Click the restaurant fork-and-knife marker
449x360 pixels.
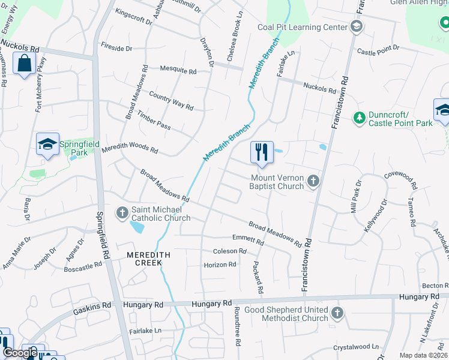(x=262, y=152)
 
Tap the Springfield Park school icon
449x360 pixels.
(x=47, y=144)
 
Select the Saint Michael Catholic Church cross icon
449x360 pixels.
(x=122, y=212)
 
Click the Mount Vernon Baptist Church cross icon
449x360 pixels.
(x=313, y=181)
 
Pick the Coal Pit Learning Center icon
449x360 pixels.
(x=357, y=26)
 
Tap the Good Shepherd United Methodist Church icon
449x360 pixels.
(x=337, y=313)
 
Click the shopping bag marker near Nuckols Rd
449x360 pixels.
(x=24, y=63)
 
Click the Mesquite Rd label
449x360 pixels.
(x=178, y=70)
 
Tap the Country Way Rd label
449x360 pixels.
(x=171, y=101)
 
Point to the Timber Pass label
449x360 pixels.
(x=154, y=120)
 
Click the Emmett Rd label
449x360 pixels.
(x=248, y=239)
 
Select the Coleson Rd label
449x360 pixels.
(x=230, y=251)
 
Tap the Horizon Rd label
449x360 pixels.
(x=220, y=265)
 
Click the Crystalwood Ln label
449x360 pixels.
(x=357, y=347)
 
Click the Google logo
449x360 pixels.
(x=19, y=353)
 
